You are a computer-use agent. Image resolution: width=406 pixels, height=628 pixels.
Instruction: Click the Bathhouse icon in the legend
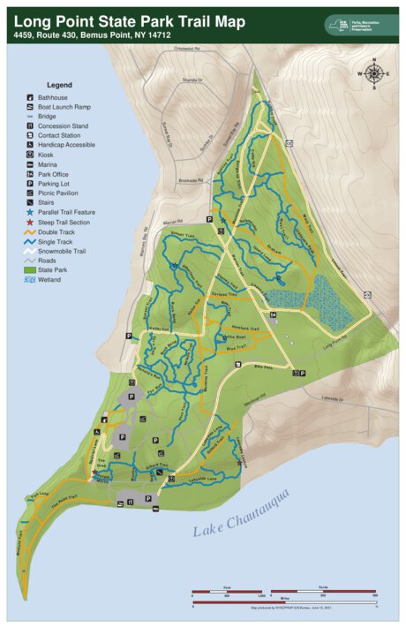coord(30,96)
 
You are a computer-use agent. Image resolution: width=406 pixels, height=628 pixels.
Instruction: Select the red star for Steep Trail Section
coord(30,222)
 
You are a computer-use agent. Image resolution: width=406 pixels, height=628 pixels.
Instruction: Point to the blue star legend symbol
coord(30,212)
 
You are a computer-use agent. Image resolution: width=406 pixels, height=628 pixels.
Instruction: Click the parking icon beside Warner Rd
coord(209,218)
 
